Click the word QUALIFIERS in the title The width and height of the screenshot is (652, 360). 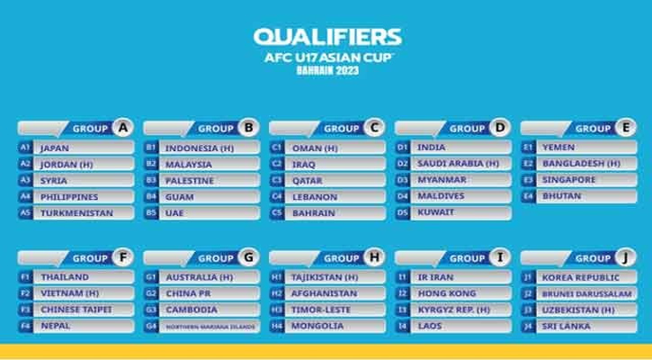pos(327,37)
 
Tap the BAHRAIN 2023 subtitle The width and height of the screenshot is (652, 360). pos(327,70)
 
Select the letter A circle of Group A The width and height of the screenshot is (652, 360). pos(123,128)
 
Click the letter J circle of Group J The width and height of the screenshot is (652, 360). pos(625,257)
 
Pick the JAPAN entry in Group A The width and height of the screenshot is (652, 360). pos(55,148)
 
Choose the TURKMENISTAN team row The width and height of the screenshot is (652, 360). pos(76,213)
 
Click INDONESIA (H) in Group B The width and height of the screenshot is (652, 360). pos(200,148)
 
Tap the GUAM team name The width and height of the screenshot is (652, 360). pos(180,197)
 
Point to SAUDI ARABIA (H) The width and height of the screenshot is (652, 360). pos(459,164)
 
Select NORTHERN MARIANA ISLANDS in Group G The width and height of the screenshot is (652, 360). pos(210,327)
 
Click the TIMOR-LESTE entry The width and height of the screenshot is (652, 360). pos(320,310)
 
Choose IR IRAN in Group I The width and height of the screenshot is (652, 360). pos(436,277)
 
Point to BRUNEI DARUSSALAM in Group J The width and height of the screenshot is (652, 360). pos(586,293)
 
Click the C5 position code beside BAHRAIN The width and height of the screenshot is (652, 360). pos(276,213)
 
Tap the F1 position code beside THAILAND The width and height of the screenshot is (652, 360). pos(25,277)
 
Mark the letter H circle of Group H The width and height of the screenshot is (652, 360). pos(374,257)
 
